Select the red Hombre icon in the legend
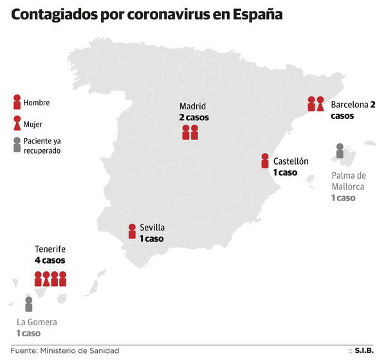[x=17, y=102]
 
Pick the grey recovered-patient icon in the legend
[x=17, y=145]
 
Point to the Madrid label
[x=193, y=106]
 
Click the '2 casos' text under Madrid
[x=194, y=118]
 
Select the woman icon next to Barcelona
[x=320, y=104]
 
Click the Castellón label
[x=291, y=161]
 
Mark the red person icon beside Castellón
[x=264, y=161]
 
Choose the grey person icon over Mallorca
[x=340, y=151]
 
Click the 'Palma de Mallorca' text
[x=348, y=181]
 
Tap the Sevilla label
[x=152, y=228]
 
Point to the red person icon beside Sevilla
[x=131, y=231]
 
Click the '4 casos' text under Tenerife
[x=50, y=260]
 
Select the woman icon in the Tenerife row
[x=46, y=279]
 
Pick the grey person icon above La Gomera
[x=28, y=304]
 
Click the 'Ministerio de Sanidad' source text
[x=79, y=350]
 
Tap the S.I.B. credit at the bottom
[x=365, y=350]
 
